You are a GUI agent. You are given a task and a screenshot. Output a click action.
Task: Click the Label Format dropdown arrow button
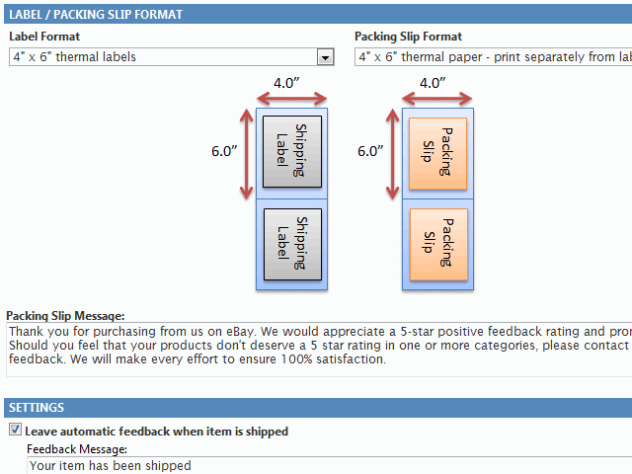pos(325,57)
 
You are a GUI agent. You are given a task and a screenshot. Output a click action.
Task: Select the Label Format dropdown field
pos(163,57)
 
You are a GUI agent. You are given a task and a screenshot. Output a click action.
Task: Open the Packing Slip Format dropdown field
pos(494,57)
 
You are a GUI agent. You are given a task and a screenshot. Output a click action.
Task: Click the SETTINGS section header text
pos(37,408)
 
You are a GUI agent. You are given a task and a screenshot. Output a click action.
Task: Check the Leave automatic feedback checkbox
pos(15,431)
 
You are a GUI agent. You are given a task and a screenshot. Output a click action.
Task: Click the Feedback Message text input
pos(326,465)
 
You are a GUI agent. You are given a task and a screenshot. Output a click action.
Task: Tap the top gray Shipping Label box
pos(292,151)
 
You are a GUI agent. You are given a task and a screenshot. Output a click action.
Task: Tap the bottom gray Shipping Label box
pos(292,244)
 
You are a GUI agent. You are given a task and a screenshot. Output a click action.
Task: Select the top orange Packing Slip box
pos(438,151)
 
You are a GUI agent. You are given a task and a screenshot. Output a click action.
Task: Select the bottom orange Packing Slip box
pos(438,243)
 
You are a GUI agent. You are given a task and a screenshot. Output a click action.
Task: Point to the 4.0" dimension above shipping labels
pos(287,83)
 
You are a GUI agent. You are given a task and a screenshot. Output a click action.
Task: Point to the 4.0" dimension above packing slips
pos(432,83)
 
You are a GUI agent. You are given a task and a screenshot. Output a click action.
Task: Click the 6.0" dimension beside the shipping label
pos(224,151)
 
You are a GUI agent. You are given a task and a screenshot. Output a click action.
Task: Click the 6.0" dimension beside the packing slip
pos(370,151)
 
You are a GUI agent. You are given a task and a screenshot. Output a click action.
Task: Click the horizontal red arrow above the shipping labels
pos(291,98)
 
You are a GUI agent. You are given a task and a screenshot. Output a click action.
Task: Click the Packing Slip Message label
pos(65,315)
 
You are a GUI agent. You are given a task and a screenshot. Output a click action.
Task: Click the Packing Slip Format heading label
pos(408,37)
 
